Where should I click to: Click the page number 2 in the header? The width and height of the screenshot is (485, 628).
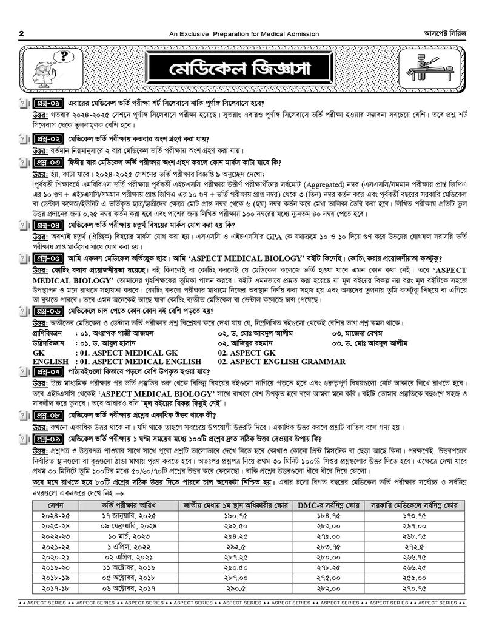click(22, 34)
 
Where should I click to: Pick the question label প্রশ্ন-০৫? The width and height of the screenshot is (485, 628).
click(47, 257)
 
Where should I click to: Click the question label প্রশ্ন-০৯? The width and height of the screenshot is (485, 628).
click(47, 438)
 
